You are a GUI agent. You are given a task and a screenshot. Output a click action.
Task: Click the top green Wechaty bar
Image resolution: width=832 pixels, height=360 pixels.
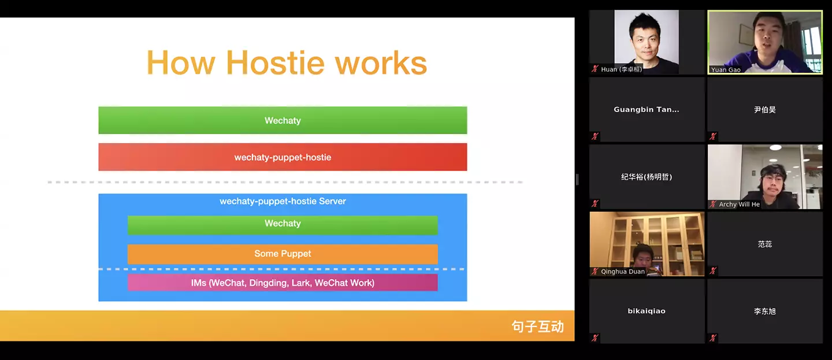[x=283, y=120]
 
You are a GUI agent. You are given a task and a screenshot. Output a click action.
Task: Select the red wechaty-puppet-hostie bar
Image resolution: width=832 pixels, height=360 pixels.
[x=283, y=157]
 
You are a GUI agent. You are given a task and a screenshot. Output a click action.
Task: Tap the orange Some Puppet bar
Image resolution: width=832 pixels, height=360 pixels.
[x=283, y=254]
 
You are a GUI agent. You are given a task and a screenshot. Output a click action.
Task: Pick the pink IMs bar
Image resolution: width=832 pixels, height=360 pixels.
[x=283, y=283]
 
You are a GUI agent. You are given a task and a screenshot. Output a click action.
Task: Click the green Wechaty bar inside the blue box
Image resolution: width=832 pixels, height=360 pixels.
[x=283, y=224]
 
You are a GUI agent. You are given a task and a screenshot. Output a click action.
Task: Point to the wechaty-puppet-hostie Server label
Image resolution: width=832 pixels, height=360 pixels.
[x=283, y=202]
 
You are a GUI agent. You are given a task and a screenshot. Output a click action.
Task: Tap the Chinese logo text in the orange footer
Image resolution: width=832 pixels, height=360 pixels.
[x=537, y=326]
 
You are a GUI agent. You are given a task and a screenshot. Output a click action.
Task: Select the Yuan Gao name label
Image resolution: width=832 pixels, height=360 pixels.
[x=726, y=70]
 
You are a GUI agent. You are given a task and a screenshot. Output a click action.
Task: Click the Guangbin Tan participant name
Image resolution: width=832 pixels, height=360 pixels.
[x=647, y=109]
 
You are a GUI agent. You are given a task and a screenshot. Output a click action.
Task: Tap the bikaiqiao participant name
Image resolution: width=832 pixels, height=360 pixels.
[x=647, y=311]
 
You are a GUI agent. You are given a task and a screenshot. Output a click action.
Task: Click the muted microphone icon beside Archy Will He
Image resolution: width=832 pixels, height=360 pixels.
[x=713, y=204]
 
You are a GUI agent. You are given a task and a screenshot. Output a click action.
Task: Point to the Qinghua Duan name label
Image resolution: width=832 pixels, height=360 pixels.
[x=623, y=272]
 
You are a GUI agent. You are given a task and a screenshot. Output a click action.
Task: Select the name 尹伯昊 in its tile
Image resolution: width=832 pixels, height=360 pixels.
[x=765, y=109]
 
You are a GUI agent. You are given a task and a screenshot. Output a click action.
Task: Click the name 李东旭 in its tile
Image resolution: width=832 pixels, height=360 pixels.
[x=765, y=311]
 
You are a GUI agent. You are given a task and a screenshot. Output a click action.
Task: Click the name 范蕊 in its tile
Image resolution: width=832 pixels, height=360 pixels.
[x=765, y=244]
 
